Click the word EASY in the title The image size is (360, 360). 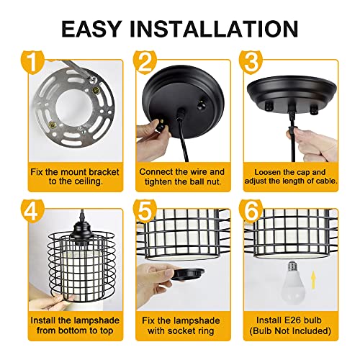(x=91, y=29)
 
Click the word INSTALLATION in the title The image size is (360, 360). (x=214, y=29)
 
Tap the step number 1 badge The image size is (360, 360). (x=32, y=62)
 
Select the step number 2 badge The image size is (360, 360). (x=145, y=62)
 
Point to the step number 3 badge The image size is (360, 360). (x=251, y=62)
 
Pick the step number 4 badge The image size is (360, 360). (x=32, y=211)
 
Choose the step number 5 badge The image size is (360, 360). (x=145, y=211)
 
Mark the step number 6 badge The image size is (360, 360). (x=251, y=211)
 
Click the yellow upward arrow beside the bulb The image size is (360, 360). (x=313, y=280)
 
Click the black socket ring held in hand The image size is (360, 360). (x=187, y=274)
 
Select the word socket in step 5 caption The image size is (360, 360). (x=181, y=330)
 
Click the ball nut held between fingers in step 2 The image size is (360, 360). (x=161, y=125)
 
